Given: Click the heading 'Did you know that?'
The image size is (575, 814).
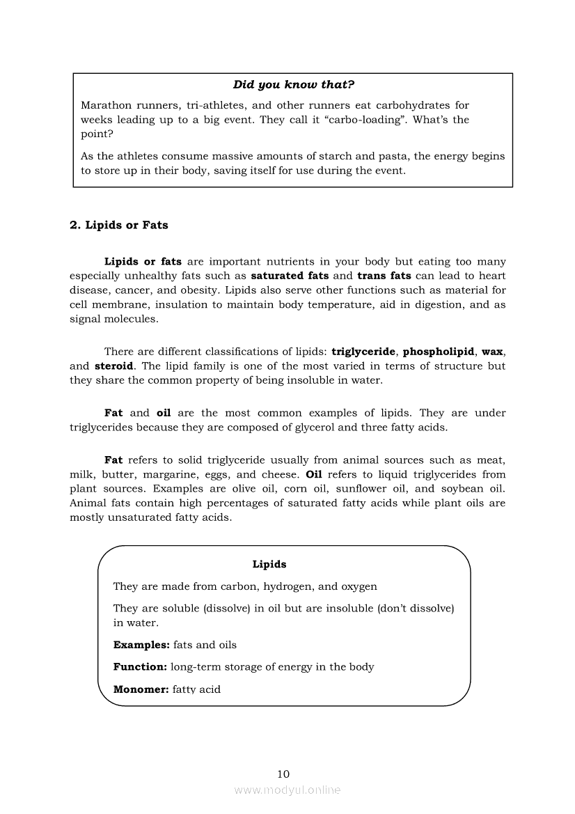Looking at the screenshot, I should click(293, 85).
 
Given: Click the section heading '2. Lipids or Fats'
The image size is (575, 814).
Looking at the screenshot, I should click(119, 225).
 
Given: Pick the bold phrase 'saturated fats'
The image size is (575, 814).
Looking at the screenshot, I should click(290, 276).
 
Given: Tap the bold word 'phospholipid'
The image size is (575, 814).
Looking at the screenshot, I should click(439, 352).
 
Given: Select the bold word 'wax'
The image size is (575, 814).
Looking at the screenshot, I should click(492, 352).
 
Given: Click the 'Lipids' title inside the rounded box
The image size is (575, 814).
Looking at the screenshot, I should click(269, 564).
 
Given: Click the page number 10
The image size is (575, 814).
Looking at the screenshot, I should click(283, 774).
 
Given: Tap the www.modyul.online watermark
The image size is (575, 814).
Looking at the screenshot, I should click(287, 790).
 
